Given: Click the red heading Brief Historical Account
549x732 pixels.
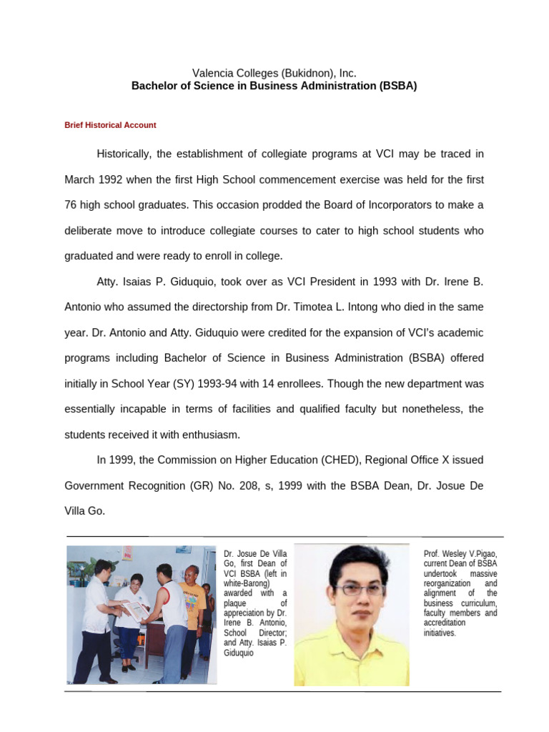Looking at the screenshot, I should [110, 125].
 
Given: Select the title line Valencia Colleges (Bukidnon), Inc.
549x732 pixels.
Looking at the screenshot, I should [274, 73].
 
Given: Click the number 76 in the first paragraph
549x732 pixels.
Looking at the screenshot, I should [71, 204].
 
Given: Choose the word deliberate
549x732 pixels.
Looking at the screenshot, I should [89, 230].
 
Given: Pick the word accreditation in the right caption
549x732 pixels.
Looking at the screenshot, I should [444, 623].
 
